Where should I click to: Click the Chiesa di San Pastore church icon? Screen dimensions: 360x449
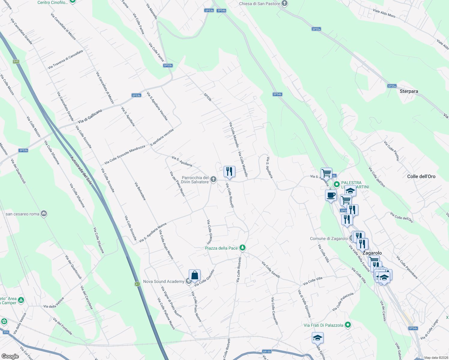(285, 4)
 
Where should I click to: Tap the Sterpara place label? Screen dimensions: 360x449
(409, 91)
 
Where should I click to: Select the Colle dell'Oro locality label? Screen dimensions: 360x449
(421, 176)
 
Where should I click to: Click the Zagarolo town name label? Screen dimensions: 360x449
(372, 253)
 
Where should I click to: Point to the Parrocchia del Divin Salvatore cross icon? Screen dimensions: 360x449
(213, 180)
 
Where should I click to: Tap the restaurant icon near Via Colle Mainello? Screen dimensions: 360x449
(229, 172)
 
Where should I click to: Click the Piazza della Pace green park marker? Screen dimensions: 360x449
(243, 248)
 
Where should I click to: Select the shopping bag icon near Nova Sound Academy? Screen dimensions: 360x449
(194, 275)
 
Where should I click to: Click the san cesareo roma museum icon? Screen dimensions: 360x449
(44, 214)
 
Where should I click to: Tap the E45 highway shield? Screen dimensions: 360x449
(16, 61)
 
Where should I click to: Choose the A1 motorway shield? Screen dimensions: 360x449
(137, 284)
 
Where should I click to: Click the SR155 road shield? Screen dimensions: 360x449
(267, 352)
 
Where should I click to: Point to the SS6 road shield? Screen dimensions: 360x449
(6, 332)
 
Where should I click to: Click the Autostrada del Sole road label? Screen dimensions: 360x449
(81, 170)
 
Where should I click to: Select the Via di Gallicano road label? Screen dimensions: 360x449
(90, 116)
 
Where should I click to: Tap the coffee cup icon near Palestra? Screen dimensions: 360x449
(331, 195)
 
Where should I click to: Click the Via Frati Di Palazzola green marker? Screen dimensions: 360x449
(348, 325)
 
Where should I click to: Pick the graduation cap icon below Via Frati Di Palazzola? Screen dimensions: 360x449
(318, 338)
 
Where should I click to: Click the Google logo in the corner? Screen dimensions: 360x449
(10, 356)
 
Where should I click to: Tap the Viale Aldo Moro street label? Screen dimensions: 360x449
(384, 13)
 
